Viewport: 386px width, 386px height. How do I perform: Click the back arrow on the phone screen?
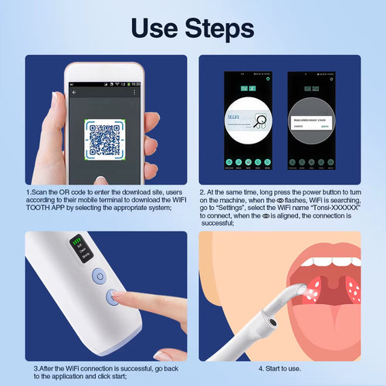(74, 93)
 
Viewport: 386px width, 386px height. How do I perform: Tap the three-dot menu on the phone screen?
(137, 93)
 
